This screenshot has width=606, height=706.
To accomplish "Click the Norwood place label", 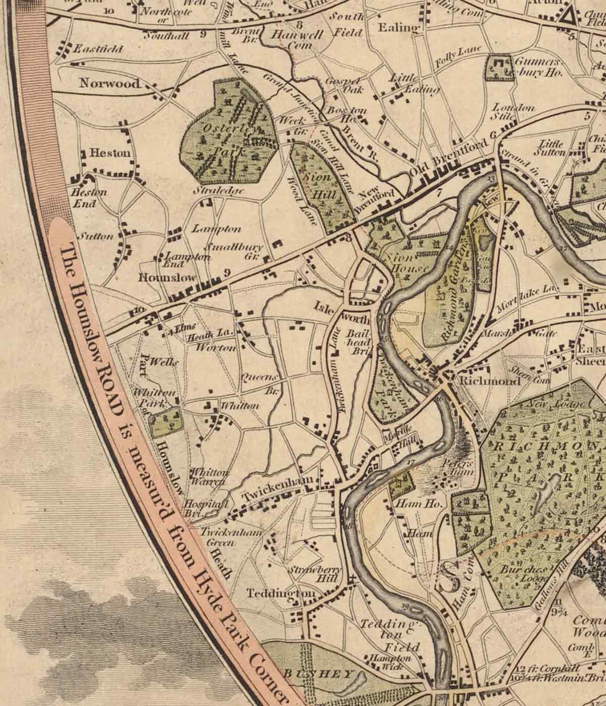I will coord(110,83).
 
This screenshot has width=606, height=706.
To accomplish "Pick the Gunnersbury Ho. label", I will coord(538,67).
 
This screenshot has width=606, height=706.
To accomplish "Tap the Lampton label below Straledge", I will coord(216,229).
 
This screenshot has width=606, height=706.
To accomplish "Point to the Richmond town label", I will coord(490,381).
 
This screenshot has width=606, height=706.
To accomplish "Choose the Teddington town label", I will coord(280,593).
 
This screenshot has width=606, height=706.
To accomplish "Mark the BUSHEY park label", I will coord(318,674).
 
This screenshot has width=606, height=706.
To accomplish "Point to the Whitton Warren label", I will coord(209,476).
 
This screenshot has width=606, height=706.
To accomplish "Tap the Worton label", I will coord(215,348).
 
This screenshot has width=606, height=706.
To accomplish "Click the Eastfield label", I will coord(98,49).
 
